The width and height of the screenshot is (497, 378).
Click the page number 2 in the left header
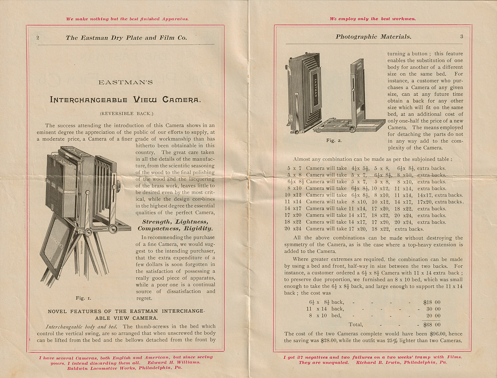pyautogui.click(x=38, y=38)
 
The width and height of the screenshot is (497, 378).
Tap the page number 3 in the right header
pyautogui.click(x=462, y=36)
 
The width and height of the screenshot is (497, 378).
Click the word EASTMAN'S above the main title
pyautogui.click(x=126, y=82)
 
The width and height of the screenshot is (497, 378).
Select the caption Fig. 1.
pyautogui.click(x=83, y=298)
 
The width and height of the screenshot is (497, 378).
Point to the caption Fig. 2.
pyautogui.click(x=334, y=141)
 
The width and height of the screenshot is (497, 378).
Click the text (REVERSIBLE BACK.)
pyautogui.click(x=127, y=113)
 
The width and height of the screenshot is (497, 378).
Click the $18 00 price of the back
pyautogui.click(x=432, y=302)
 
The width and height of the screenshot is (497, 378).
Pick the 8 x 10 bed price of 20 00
pyautogui.click(x=433, y=316)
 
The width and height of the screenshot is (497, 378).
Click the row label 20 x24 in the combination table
pyautogui.click(x=293, y=229)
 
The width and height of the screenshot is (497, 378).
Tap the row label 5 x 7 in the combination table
pyautogui.click(x=294, y=168)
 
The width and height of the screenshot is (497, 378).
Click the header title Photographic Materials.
pyautogui.click(x=373, y=37)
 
